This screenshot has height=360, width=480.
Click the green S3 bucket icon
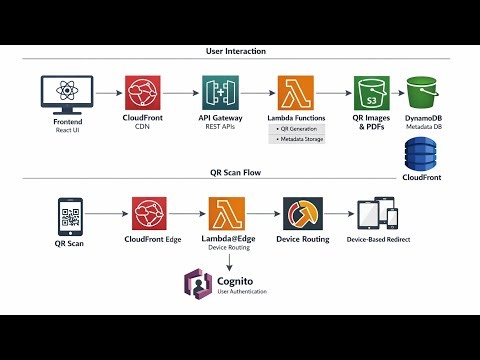371,96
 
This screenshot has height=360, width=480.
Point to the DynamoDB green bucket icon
425,94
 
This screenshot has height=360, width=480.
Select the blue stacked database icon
421,155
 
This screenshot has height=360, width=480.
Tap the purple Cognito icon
197,284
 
